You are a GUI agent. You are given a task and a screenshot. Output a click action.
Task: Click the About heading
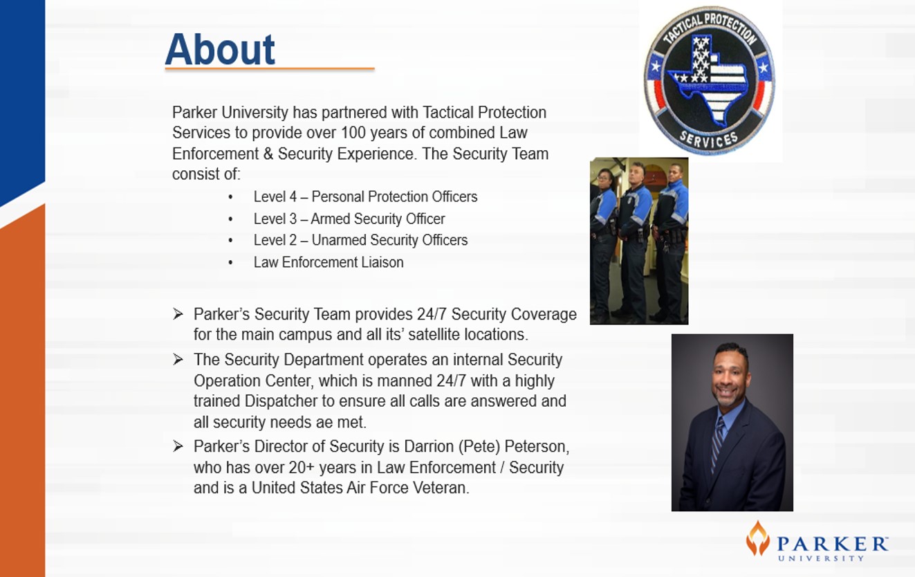[x=220, y=49]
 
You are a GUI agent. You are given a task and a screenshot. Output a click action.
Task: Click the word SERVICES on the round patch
[x=709, y=139]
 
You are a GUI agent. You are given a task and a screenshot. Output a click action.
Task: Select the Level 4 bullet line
[x=365, y=196]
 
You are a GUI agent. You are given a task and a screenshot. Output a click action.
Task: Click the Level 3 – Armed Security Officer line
[x=349, y=219]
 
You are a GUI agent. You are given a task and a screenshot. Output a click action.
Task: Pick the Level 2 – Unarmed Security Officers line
[x=360, y=240]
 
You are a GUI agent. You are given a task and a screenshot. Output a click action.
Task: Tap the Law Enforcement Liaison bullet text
[x=329, y=262]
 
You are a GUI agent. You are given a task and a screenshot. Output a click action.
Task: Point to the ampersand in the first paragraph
[x=268, y=154]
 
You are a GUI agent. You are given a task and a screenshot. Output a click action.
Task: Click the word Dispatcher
[x=281, y=401]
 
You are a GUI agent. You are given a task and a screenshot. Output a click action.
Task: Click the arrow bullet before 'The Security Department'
[x=178, y=360]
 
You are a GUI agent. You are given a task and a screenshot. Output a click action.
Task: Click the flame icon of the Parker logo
[x=758, y=538]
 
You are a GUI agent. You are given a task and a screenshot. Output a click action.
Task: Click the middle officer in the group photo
[x=634, y=241]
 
